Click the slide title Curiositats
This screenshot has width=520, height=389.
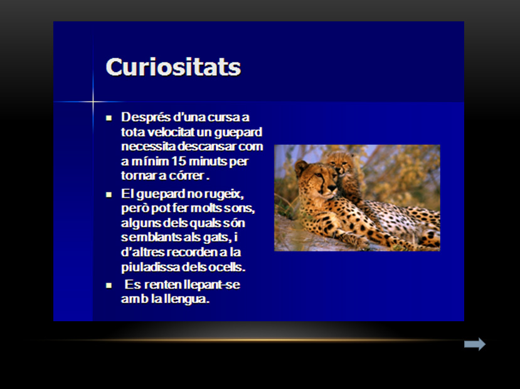[x=173, y=67]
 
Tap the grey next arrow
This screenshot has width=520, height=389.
[x=475, y=344]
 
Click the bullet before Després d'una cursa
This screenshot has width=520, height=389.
[x=109, y=118]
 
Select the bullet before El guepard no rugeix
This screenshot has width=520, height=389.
[x=109, y=194]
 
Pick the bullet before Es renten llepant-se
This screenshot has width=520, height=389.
[x=109, y=285]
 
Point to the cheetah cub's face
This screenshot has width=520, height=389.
[x=342, y=164]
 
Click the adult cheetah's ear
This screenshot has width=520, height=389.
[x=301, y=167]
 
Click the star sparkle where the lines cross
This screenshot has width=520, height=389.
[x=93, y=102]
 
